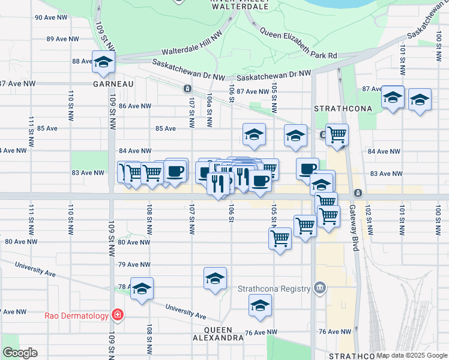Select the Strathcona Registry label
[x=276, y=288]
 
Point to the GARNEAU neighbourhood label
[x=113, y=85]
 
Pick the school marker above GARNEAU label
[x=104, y=62]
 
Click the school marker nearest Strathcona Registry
[x=260, y=305]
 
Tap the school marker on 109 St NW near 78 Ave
[x=142, y=289]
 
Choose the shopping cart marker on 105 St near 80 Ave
[x=280, y=238]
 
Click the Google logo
[x=20, y=353]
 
